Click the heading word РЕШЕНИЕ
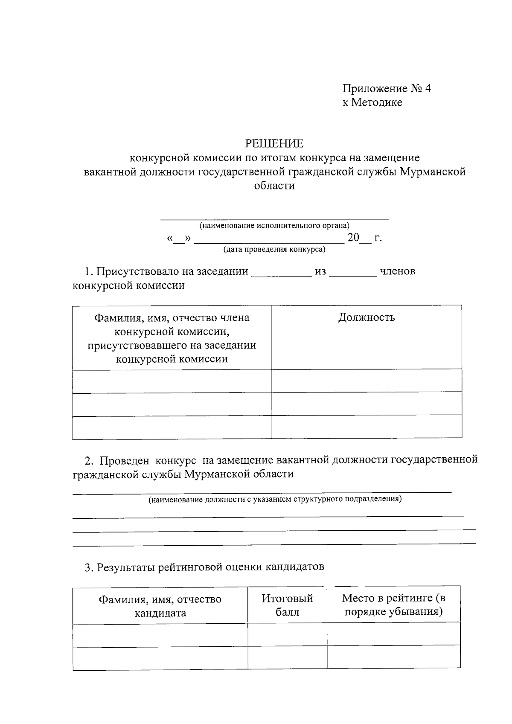(274, 143)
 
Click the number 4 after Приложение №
(428, 88)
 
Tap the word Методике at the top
(377, 102)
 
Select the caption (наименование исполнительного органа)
(274, 225)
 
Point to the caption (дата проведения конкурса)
(274, 249)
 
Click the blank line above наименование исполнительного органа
(274, 218)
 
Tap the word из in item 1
(320, 272)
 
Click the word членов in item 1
(397, 272)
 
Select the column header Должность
(367, 317)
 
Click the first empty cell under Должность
(367, 381)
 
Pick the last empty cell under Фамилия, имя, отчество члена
(172, 427)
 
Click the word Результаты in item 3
(127, 567)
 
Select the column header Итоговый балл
(287, 605)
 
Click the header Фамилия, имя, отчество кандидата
(160, 606)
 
